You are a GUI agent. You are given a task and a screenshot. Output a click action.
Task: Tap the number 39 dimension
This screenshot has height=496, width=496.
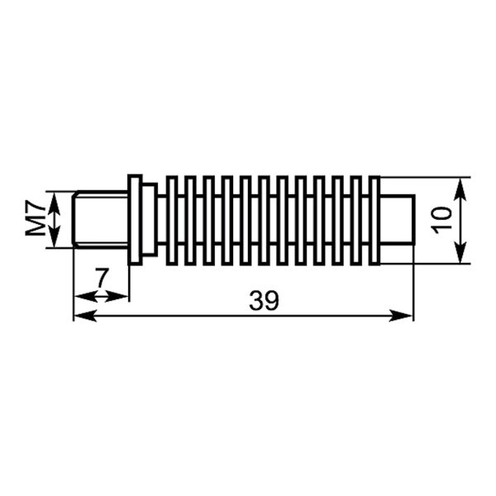(x=265, y=301)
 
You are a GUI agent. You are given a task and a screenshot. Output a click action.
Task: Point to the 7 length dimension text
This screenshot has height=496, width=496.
(x=102, y=278)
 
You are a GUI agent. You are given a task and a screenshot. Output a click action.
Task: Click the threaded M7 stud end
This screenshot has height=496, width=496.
(x=100, y=220)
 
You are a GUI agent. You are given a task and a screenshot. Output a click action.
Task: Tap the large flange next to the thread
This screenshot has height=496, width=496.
(x=135, y=220)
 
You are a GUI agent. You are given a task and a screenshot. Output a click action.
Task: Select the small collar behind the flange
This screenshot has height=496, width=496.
(x=150, y=220)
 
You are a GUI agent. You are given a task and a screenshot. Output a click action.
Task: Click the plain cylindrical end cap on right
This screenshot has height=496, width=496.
(x=397, y=220)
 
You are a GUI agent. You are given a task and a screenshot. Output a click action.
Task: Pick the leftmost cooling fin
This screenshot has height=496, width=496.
(x=171, y=220)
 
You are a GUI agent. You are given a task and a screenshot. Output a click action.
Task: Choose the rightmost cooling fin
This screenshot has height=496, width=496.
(x=374, y=220)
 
